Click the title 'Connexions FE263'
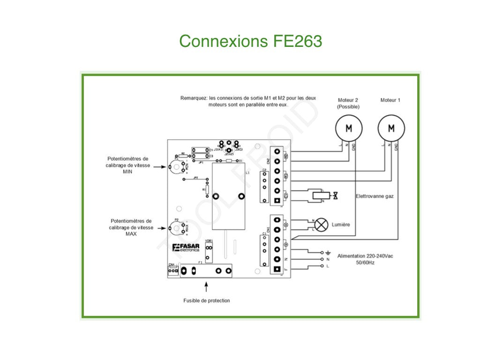(x=250, y=41)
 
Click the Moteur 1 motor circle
(x=391, y=128)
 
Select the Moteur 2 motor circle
(x=348, y=128)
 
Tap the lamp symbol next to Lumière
(x=321, y=225)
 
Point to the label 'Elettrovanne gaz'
(x=375, y=196)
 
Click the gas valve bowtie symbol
(x=335, y=194)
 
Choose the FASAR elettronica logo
(x=186, y=248)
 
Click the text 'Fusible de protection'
(x=206, y=300)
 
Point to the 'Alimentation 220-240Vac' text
(x=365, y=256)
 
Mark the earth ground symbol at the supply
(x=328, y=252)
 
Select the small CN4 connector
(x=172, y=271)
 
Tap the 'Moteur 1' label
(x=390, y=100)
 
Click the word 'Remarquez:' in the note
(x=194, y=98)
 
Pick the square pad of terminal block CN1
(x=278, y=269)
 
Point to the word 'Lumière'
(x=341, y=225)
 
